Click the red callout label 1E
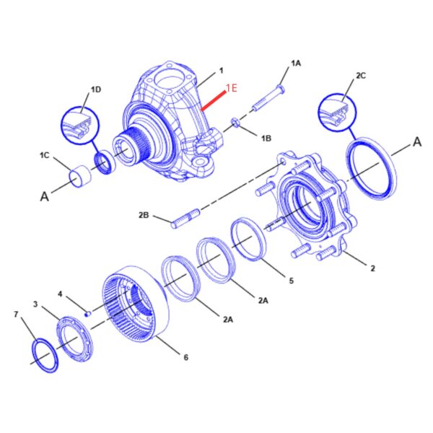[x=232, y=88]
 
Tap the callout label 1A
[x=296, y=64]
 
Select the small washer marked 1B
[x=235, y=122]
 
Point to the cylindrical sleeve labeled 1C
[x=80, y=176]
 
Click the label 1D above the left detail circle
[x=96, y=89]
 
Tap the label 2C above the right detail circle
[x=361, y=75]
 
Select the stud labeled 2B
[x=185, y=219]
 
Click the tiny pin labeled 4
[x=88, y=314]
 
